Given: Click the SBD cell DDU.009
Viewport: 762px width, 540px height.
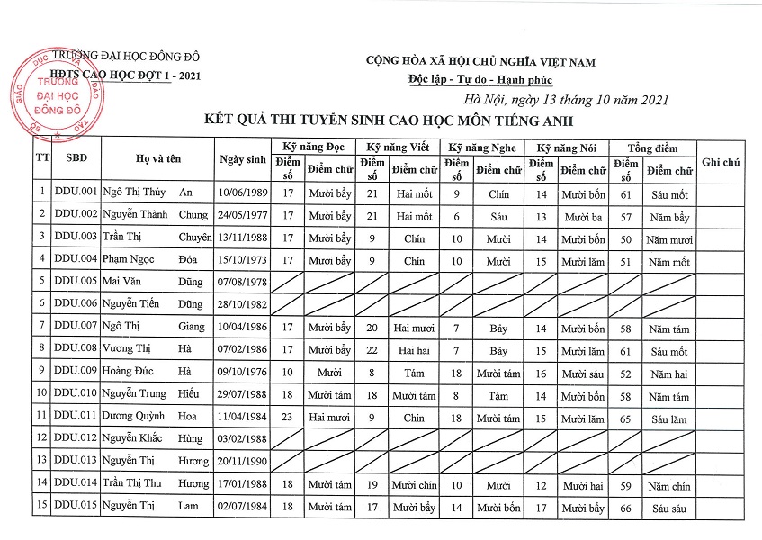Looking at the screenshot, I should [75, 371].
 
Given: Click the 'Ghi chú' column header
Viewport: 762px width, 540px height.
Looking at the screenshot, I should [720, 161].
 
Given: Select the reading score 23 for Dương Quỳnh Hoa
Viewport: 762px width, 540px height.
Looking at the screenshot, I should [288, 418].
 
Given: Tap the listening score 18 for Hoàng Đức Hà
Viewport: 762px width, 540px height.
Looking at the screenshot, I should [456, 372].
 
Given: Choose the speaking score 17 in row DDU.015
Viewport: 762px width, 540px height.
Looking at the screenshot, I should [541, 508].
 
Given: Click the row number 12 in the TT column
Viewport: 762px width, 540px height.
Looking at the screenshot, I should [41, 438].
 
